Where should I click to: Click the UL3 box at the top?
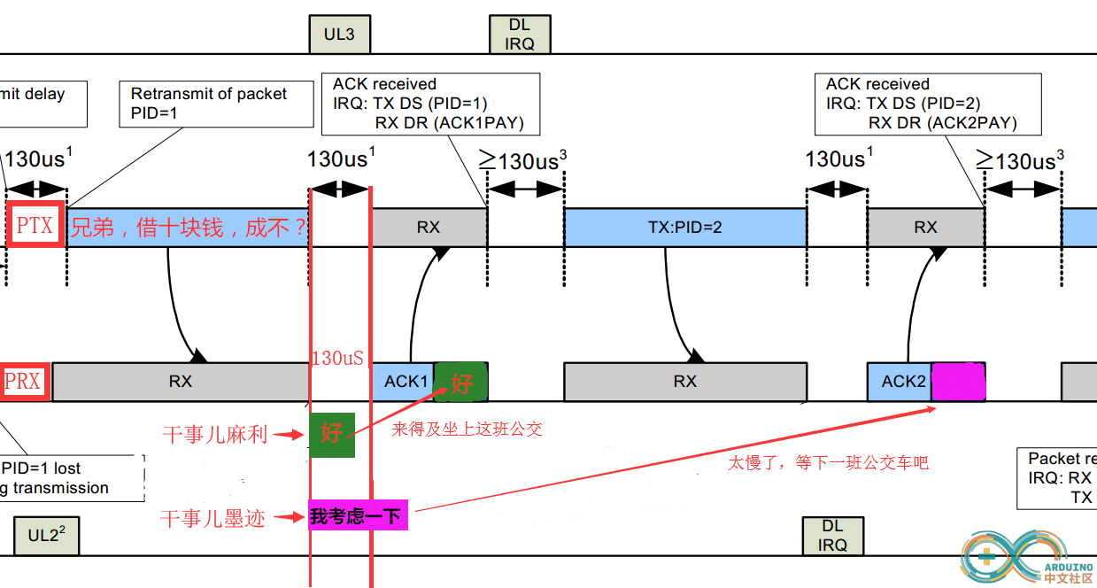pos(339,35)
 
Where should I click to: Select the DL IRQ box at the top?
pos(520,35)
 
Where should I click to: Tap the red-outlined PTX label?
pos(35,227)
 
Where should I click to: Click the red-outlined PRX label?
pos(23,382)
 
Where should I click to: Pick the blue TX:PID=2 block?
pos(684,228)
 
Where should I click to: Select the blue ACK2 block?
pos(900,382)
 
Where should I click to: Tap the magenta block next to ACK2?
pos(959,382)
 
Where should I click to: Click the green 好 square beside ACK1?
pos(460,383)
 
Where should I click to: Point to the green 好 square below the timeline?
pos(332,434)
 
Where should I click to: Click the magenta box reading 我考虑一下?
pos(358,516)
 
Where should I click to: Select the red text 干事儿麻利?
pos(215,435)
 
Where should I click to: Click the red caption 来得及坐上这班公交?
pos(467,429)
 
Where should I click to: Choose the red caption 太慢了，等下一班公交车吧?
pos(828,462)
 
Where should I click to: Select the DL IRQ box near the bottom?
pos(832,536)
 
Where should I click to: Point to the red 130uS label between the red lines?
pos(337,358)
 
